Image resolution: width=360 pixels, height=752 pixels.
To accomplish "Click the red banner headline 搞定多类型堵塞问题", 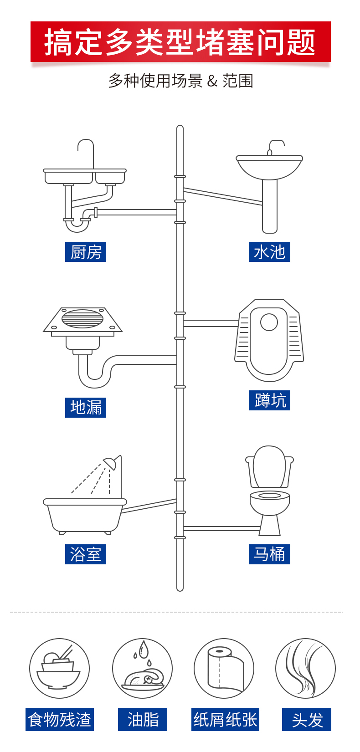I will click(x=180, y=42).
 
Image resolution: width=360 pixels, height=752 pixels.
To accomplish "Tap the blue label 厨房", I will click(x=86, y=252).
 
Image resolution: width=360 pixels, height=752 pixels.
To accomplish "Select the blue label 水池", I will click(x=269, y=252).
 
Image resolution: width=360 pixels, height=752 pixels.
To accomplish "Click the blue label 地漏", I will click(x=86, y=407).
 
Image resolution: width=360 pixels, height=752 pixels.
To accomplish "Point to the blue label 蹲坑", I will click(x=269, y=400).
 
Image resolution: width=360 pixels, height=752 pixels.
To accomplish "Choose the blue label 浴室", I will click(x=86, y=554).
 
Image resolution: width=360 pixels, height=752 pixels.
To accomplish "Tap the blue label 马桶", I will click(x=269, y=554).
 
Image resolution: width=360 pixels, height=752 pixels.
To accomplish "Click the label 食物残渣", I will click(x=60, y=720).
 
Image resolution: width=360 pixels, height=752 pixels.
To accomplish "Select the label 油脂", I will click(x=143, y=720).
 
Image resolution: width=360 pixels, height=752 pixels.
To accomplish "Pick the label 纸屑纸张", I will click(x=225, y=720).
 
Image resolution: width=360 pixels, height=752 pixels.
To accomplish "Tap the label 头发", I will click(x=307, y=720).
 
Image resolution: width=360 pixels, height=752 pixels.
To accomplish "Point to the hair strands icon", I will click(x=305, y=668).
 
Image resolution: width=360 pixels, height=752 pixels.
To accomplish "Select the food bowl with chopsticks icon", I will click(x=59, y=668).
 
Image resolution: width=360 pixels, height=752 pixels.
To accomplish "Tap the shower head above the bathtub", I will click(x=111, y=463).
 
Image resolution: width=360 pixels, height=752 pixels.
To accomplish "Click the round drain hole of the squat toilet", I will click(x=269, y=322).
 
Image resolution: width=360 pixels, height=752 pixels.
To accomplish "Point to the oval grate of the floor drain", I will click(x=82, y=319).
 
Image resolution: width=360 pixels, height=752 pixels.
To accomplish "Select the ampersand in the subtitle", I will click(x=212, y=81).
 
